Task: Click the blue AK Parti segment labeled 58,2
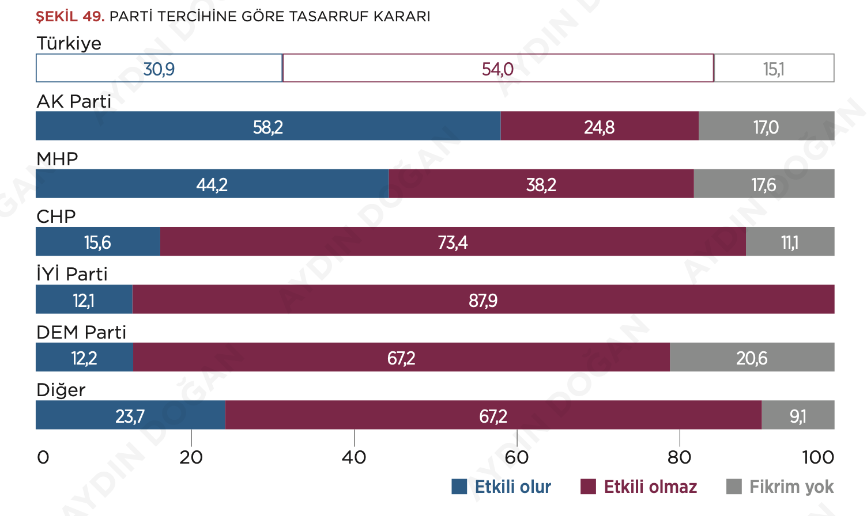click(268, 126)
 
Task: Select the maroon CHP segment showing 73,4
click(453, 242)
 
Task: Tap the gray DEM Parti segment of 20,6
click(752, 358)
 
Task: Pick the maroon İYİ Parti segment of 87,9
click(483, 299)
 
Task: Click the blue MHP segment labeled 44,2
click(212, 184)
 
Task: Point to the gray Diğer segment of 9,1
click(798, 415)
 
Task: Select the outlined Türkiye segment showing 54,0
click(498, 69)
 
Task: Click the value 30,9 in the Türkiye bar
click(159, 69)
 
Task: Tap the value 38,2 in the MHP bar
click(541, 185)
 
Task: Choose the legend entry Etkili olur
click(502, 487)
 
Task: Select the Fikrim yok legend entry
click(780, 487)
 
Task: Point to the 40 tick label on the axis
click(354, 457)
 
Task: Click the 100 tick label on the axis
click(818, 457)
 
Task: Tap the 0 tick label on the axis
click(43, 457)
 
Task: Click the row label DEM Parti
click(81, 332)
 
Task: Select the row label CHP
click(56, 217)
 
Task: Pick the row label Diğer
click(61, 390)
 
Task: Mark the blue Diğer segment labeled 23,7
click(130, 415)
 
